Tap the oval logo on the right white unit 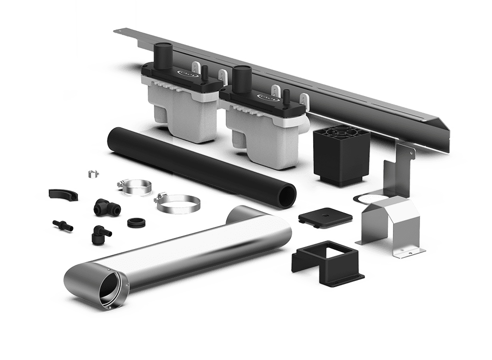click(266, 97)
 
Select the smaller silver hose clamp click(130, 186)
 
